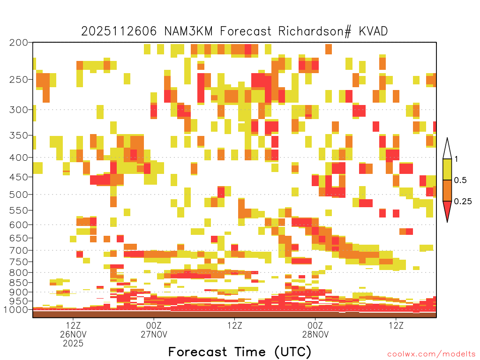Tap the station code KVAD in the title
tap(373, 31)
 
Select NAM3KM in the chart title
tap(188, 31)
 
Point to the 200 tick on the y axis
tap(19, 43)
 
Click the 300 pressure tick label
tap(19, 110)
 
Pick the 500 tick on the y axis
tap(19, 195)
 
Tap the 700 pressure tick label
tap(19, 250)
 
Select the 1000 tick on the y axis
tap(16, 310)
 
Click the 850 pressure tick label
tap(19, 283)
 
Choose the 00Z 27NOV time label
tap(154, 330)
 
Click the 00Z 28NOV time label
tap(315, 330)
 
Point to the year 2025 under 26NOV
tap(73, 343)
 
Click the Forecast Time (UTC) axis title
tap(240, 352)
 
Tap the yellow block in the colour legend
tap(447, 169)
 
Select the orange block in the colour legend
tap(447, 190)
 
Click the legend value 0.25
tap(463, 202)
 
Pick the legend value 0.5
tap(460, 180)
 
